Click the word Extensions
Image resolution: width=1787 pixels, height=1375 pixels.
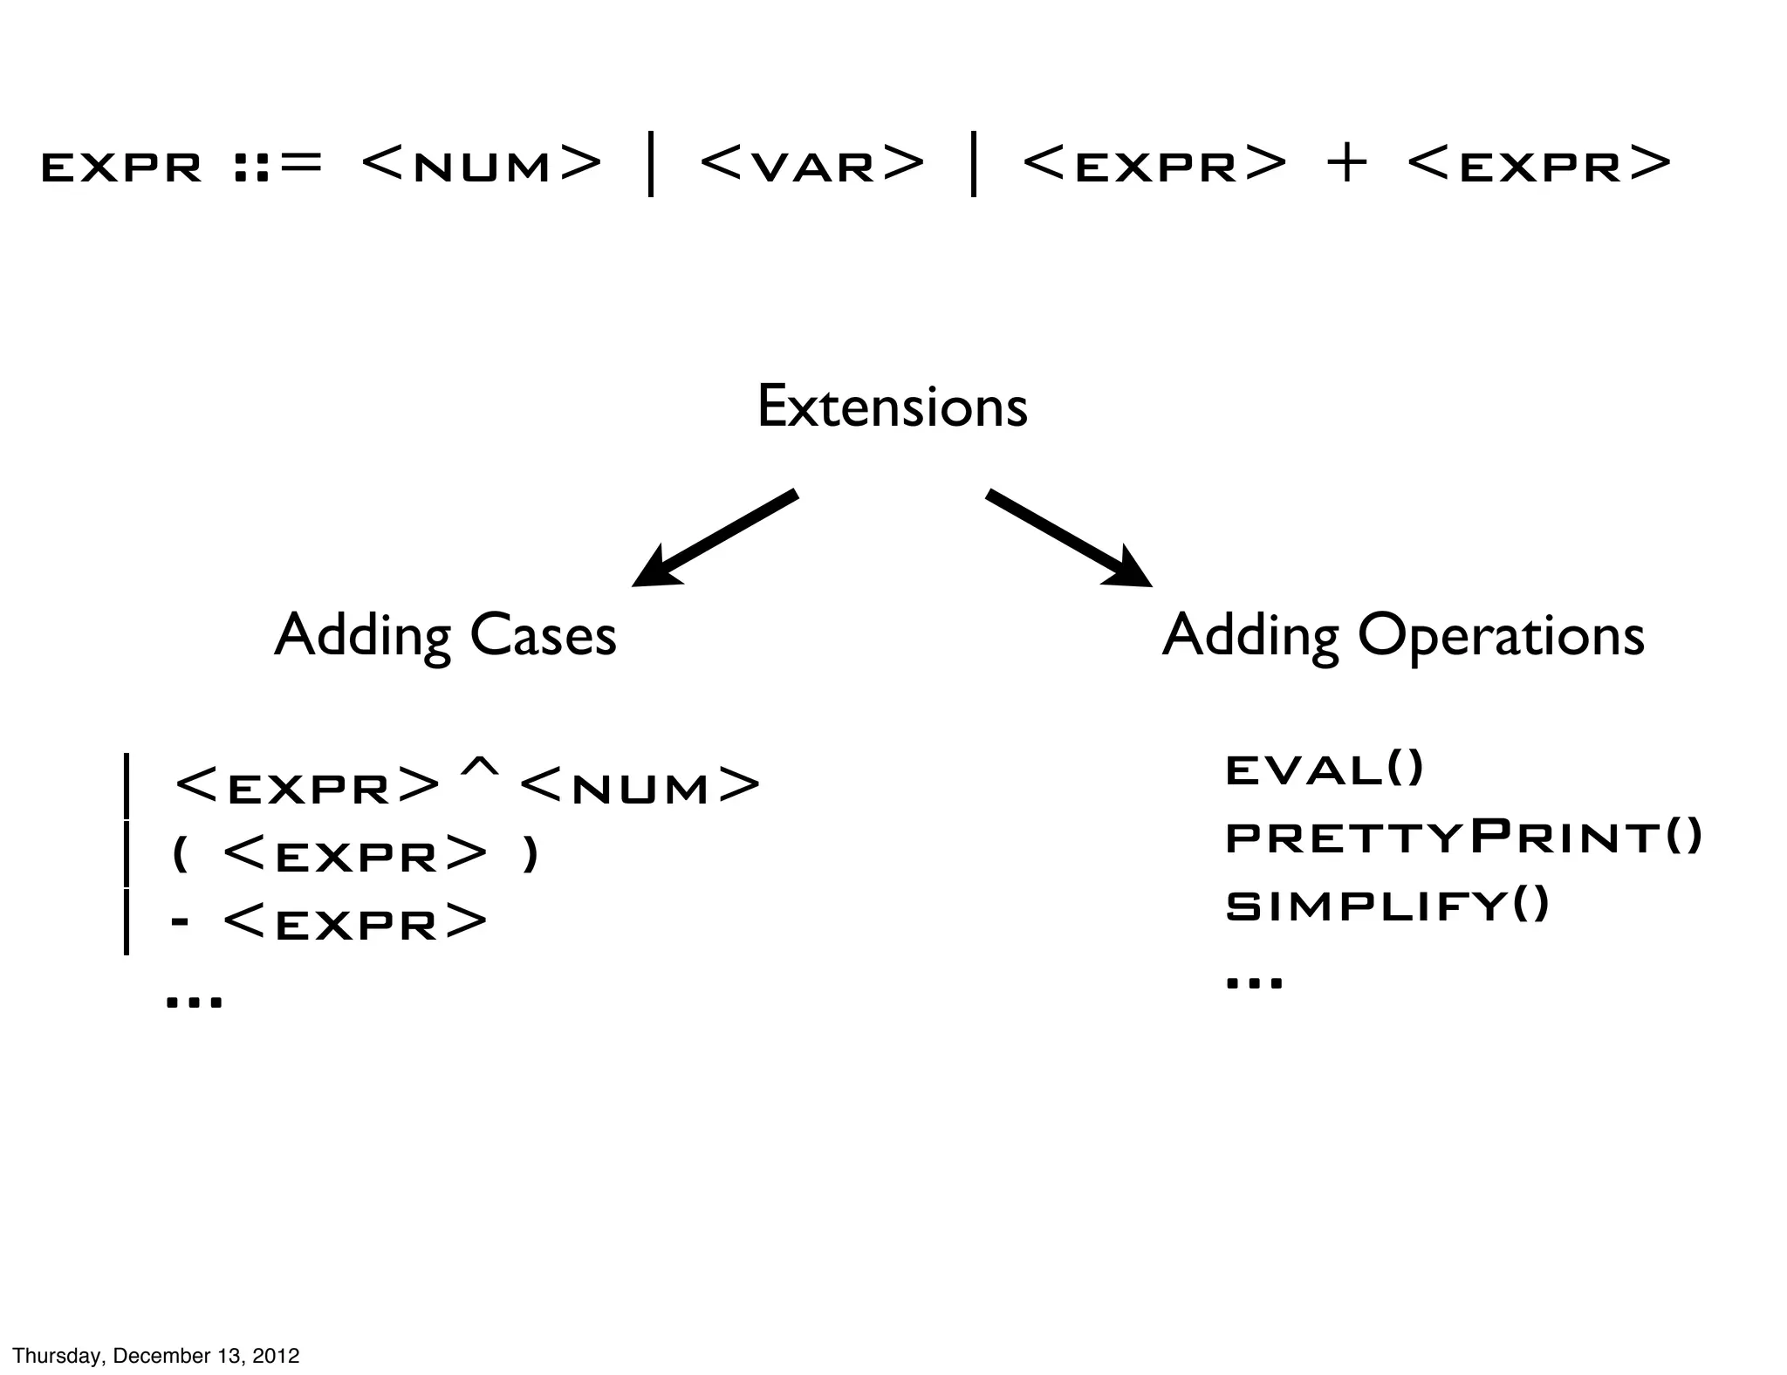[x=892, y=407]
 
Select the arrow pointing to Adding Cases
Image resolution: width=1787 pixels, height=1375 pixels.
[x=714, y=539]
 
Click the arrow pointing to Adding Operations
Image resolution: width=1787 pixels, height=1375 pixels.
[x=1068, y=537]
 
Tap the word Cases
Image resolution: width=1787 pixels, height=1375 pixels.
[x=543, y=635]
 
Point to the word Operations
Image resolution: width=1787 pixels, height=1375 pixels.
[x=1500, y=635]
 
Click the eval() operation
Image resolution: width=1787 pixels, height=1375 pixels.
[x=1324, y=770]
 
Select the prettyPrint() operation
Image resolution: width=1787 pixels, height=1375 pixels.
[x=1463, y=838]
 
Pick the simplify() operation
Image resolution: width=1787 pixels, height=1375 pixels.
[x=1386, y=905]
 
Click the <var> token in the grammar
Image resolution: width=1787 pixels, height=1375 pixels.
[x=811, y=164]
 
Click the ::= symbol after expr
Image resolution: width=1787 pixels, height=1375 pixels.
[x=278, y=164]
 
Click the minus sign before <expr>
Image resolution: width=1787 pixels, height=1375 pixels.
[x=181, y=922]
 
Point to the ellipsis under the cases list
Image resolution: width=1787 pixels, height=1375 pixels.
[x=194, y=1001]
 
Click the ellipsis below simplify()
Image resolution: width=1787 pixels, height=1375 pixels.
[x=1254, y=982]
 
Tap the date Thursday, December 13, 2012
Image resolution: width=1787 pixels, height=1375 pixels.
[x=156, y=1355]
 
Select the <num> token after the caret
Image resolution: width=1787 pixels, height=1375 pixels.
[x=640, y=786]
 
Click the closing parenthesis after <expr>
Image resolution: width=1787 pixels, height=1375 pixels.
[x=530, y=854]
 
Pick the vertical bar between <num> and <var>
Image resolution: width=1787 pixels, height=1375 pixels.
[x=651, y=164]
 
